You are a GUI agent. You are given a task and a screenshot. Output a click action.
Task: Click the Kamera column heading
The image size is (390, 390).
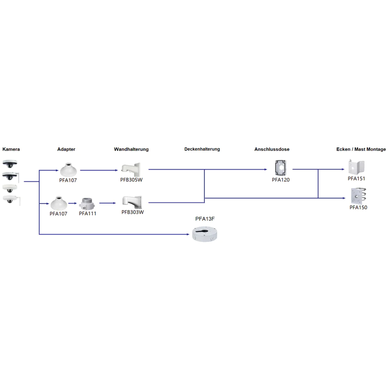11,149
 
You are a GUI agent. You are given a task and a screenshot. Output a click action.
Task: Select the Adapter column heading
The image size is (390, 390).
66,149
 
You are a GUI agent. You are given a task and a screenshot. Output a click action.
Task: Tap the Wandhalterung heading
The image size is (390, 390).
131,149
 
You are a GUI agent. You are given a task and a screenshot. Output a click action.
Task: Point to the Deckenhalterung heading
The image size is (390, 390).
202,149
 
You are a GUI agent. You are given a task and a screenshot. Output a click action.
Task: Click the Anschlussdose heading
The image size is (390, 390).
272,149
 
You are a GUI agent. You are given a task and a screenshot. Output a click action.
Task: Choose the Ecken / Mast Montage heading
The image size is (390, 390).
361,149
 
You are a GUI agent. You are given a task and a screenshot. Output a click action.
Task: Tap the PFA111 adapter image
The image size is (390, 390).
87,204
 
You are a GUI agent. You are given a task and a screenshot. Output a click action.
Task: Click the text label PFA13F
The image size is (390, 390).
205,219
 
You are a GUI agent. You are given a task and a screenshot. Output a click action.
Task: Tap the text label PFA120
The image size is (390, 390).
281,180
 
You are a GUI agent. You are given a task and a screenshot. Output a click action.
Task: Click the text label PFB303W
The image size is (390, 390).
133,212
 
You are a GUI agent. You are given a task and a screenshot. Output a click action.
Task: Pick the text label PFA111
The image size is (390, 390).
87,214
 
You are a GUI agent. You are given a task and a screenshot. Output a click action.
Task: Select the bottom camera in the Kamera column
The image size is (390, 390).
11,200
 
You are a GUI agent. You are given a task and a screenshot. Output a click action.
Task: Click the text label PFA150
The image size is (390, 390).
358,207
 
